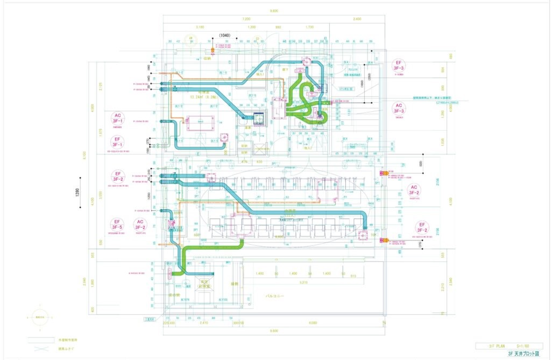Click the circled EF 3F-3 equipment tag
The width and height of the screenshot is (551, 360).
[x=398, y=65]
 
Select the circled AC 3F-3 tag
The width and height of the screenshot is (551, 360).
[x=399, y=108]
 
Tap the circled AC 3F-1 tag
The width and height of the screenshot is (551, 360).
[x=117, y=118]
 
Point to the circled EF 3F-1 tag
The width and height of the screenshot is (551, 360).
[x=117, y=142]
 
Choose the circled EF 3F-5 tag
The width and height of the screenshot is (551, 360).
[x=117, y=224]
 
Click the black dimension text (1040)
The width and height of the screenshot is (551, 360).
[x=225, y=36]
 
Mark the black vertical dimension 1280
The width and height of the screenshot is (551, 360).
[x=77, y=192]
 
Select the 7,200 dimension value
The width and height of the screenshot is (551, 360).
[x=246, y=19]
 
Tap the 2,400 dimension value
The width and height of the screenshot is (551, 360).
[x=357, y=19]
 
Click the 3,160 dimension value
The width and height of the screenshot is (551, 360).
[x=200, y=27]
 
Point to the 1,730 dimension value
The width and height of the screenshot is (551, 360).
[x=310, y=27]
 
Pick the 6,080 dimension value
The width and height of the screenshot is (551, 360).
[x=313, y=323]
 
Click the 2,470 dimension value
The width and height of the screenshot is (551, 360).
[x=204, y=323]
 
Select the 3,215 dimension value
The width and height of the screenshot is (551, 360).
[x=303, y=282]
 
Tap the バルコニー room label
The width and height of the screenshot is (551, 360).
[x=275, y=296]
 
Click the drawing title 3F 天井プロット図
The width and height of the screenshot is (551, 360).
[x=523, y=353]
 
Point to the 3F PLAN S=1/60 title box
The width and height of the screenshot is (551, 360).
[x=509, y=346]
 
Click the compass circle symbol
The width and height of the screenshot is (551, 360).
[x=40, y=317]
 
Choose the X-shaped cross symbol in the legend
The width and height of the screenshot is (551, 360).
[x=41, y=349]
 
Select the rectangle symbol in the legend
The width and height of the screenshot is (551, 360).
[x=41, y=340]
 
